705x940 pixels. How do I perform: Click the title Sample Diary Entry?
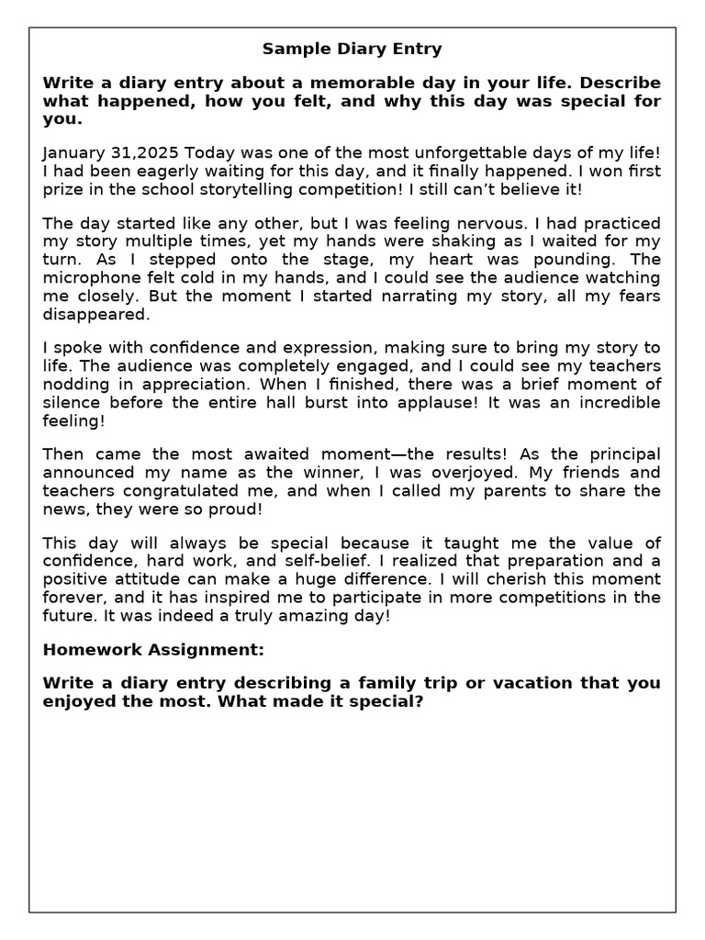tap(352, 49)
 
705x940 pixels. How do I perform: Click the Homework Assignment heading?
tap(153, 649)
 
